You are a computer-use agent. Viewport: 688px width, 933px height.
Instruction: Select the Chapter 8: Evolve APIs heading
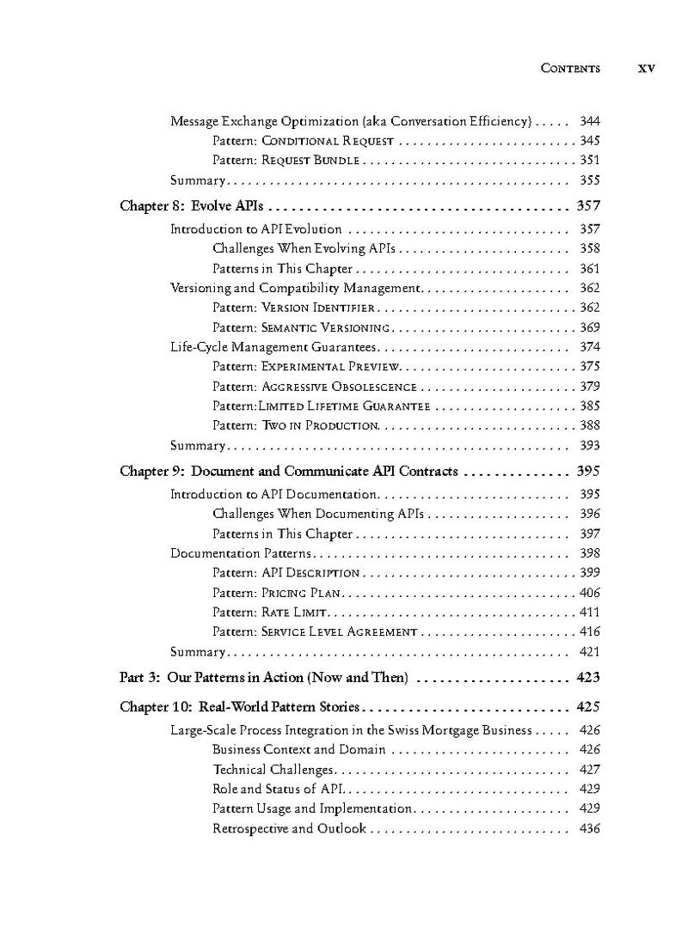tap(192, 206)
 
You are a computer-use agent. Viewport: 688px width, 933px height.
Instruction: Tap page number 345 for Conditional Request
tap(589, 141)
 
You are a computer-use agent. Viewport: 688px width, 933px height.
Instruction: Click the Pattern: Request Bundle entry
tap(286, 161)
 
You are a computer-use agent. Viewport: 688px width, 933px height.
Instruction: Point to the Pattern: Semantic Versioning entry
tap(302, 327)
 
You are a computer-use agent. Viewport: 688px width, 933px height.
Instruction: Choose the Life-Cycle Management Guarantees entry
tap(273, 347)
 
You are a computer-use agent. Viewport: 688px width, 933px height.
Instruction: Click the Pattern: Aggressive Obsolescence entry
tap(314, 387)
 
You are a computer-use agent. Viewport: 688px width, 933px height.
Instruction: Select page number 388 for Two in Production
tap(589, 425)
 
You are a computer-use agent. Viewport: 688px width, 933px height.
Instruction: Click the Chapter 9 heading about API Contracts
tap(288, 472)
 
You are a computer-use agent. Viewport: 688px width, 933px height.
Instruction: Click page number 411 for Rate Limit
tap(589, 613)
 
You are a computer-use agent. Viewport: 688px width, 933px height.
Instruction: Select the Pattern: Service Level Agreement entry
tap(314, 632)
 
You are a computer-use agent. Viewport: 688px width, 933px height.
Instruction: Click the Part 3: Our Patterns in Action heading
tap(263, 678)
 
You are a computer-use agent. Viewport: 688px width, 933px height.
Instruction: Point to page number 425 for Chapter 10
tap(588, 709)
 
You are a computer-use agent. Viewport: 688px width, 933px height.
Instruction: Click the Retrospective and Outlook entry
tap(289, 829)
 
